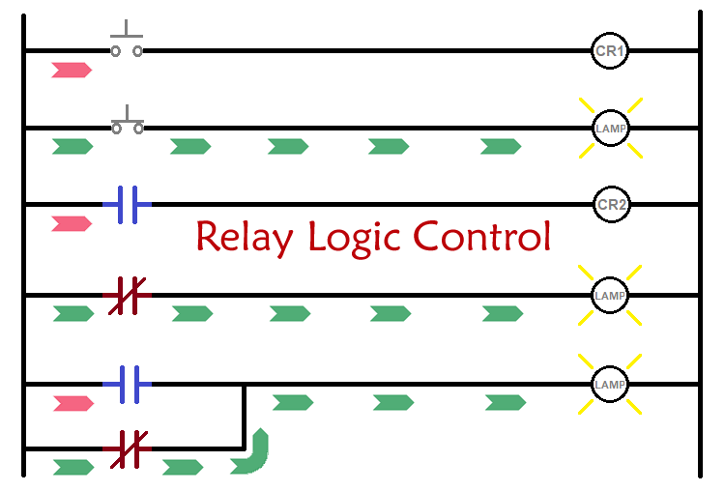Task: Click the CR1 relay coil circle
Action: pos(610,50)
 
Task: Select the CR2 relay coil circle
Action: pos(610,204)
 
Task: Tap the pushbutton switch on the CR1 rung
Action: pos(127,43)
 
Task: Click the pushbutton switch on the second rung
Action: pos(127,121)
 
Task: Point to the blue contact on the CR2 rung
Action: pos(127,204)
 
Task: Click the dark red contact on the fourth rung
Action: pos(127,294)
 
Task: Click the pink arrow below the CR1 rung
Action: pos(72,70)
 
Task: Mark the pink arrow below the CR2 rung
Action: pos(72,223)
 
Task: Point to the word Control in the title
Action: pos(482,237)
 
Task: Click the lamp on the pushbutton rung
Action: pos(610,128)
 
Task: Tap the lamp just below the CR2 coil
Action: pos(610,294)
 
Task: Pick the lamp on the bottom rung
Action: pos(610,384)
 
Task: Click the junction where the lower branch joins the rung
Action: pos(244,385)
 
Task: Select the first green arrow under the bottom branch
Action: pos(72,468)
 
